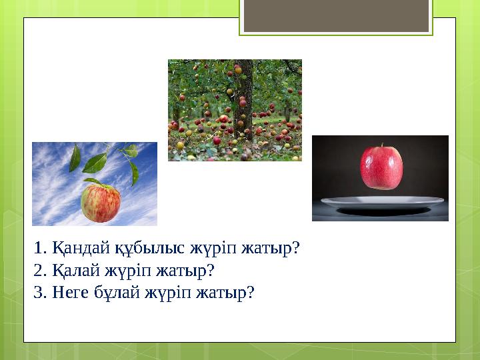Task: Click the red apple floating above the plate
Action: tap(381, 167)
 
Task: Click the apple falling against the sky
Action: tap(101, 203)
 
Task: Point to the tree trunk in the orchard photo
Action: tap(243, 100)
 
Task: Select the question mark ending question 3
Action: tap(251, 292)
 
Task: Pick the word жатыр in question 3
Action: tap(224, 292)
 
